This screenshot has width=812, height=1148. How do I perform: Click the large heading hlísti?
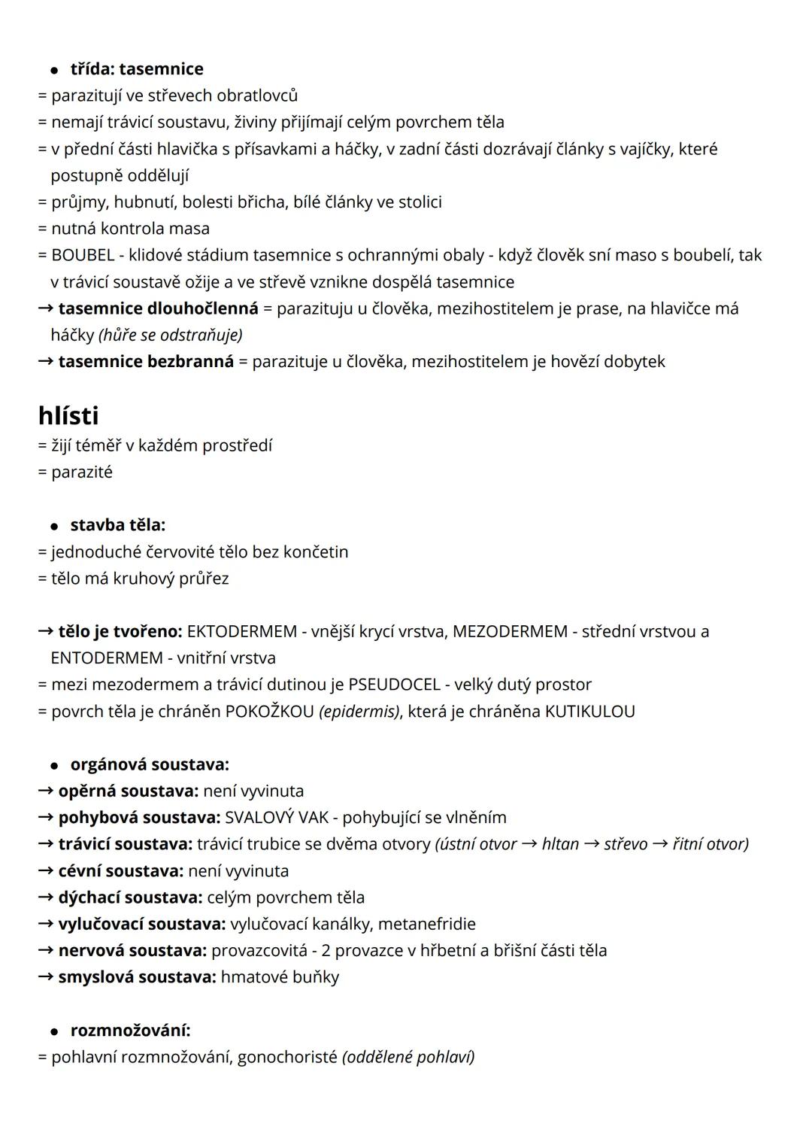point(68,415)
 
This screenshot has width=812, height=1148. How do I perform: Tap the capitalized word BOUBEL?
point(83,255)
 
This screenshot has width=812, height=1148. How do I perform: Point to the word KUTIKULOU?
point(589,711)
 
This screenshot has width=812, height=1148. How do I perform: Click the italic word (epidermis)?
point(359,711)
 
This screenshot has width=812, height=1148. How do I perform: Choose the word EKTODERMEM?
point(241,631)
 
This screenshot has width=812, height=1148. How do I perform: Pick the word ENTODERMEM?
point(107,658)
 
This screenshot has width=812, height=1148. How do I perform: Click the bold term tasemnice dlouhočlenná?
point(158,308)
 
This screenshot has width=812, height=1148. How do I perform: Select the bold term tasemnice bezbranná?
point(146,361)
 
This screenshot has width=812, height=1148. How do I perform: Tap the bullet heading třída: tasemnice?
point(137,69)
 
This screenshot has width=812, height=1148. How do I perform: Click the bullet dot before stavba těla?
point(54,525)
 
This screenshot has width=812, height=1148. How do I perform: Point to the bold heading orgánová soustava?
point(150,764)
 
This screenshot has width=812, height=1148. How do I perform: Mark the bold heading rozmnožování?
point(130,1030)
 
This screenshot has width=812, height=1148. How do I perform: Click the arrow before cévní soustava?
point(46,870)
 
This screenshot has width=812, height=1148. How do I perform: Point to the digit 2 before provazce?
point(326,950)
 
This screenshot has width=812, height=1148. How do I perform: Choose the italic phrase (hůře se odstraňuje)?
point(171,335)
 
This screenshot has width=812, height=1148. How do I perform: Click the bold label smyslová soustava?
point(137,976)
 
